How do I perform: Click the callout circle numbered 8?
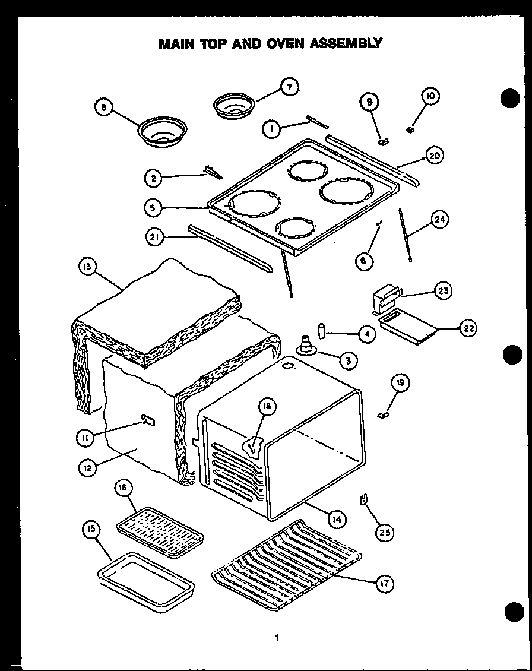(104, 108)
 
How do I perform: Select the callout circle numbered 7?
(289, 87)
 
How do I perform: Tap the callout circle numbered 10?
(430, 96)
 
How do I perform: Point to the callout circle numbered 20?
(434, 156)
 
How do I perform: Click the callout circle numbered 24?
(439, 221)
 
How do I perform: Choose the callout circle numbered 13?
(87, 268)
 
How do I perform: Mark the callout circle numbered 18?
(267, 406)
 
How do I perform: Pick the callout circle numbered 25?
(385, 531)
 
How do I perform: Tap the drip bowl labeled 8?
(162, 132)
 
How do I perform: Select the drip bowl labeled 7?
(234, 105)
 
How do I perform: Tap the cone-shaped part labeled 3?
(306, 345)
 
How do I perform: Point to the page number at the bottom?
(276, 638)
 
